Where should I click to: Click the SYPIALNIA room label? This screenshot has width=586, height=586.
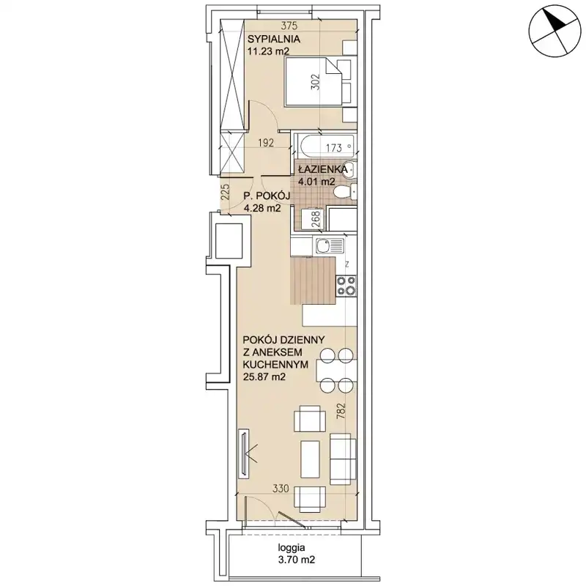click(x=274, y=39)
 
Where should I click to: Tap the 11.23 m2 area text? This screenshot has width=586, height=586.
click(x=269, y=51)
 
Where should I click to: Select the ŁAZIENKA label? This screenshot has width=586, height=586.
click(x=323, y=170)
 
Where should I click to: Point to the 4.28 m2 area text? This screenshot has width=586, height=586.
click(x=262, y=208)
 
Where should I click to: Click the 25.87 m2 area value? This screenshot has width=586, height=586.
click(x=264, y=377)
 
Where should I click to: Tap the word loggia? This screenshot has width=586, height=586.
click(x=292, y=548)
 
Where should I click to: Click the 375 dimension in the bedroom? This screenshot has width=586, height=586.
click(x=289, y=26)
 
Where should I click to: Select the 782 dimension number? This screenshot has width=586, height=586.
click(x=341, y=411)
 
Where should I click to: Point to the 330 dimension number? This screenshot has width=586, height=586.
click(x=281, y=488)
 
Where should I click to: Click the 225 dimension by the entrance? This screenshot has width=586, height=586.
click(x=226, y=192)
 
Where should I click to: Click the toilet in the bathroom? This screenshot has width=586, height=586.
click(x=345, y=193)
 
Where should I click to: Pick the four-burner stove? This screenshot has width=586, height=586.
click(x=346, y=286)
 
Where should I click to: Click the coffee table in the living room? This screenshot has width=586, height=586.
click(x=310, y=459)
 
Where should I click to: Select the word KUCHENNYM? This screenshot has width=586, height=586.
click(x=275, y=364)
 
